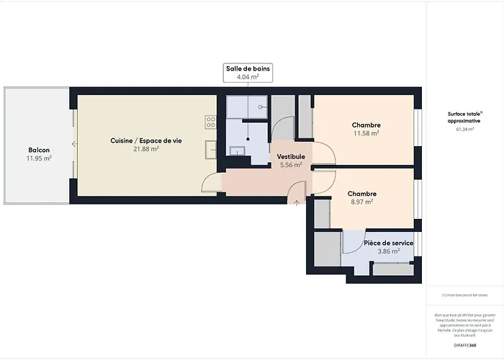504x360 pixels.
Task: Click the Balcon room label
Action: pyautogui.click(x=39, y=150)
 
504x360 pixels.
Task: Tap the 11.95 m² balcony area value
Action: pyautogui.click(x=39, y=158)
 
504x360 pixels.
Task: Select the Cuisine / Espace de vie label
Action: pyautogui.click(x=146, y=140)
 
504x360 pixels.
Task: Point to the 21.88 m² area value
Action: pyautogui.click(x=146, y=149)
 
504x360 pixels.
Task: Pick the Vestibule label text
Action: pyautogui.click(x=292, y=156)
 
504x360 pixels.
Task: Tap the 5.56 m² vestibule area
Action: pyautogui.click(x=292, y=165)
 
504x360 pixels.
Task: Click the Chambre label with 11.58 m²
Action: pyautogui.click(x=366, y=125)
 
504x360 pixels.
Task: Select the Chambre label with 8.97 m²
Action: pyautogui.click(x=361, y=194)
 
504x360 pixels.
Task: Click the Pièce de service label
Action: pyautogui.click(x=388, y=243)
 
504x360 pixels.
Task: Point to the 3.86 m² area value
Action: pyautogui.click(x=388, y=251)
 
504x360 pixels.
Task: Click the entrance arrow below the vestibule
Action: pyautogui.click(x=297, y=202)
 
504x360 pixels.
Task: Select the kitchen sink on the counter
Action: pyautogui.click(x=210, y=148)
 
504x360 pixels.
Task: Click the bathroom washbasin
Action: pyautogui.click(x=238, y=150)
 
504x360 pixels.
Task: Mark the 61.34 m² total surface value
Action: pyautogui.click(x=465, y=129)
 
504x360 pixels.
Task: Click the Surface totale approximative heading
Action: pyautogui.click(x=465, y=117)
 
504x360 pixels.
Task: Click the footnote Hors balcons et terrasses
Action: pyautogui.click(x=465, y=294)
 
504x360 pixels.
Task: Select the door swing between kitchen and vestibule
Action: pyautogui.click(x=210, y=183)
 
